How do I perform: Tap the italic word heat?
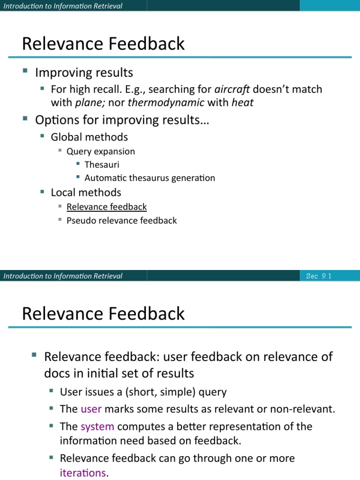tap(242, 102)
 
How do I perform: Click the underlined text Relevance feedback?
tap(106, 207)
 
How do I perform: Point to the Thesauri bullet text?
tap(102, 165)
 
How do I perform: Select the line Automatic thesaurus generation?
tap(150, 178)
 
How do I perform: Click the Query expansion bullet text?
tap(100, 151)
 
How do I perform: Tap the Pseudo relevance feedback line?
tap(121, 220)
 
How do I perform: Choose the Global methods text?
tap(89, 137)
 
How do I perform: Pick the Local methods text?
tap(86, 192)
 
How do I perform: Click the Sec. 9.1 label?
tap(319, 276)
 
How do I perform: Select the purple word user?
tap(91, 409)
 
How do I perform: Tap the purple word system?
tap(97, 427)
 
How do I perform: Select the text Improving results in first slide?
tap(84, 73)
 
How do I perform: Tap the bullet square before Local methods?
tap(42, 192)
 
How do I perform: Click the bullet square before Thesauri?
tap(78, 164)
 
